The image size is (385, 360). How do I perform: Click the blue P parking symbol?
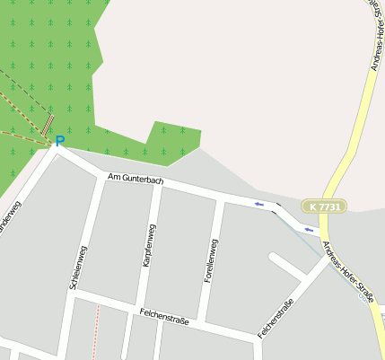(60, 141)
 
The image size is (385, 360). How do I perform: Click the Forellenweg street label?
(210, 261)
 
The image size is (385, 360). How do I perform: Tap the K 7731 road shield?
(323, 206)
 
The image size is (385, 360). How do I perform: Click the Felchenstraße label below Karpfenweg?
(164, 316)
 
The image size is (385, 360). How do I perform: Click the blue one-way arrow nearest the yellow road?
(309, 230)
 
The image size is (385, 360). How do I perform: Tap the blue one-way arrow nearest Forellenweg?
(259, 205)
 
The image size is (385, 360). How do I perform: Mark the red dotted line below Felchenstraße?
(97, 332)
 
